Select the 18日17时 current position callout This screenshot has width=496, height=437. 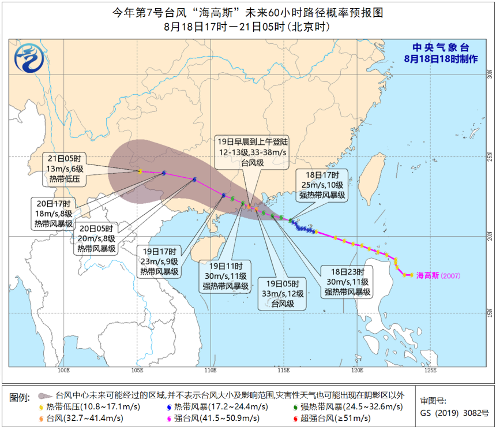click(x=322, y=185)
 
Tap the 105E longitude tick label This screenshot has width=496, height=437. click(x=137, y=370)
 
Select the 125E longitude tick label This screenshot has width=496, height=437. click(x=431, y=370)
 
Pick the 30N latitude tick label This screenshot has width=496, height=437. click(x=490, y=74)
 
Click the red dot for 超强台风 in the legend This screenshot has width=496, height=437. click(x=296, y=418)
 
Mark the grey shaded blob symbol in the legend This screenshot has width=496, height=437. click(x=44, y=397)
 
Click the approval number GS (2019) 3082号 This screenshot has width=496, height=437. click(x=454, y=413)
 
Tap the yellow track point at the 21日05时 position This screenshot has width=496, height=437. click(x=140, y=171)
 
